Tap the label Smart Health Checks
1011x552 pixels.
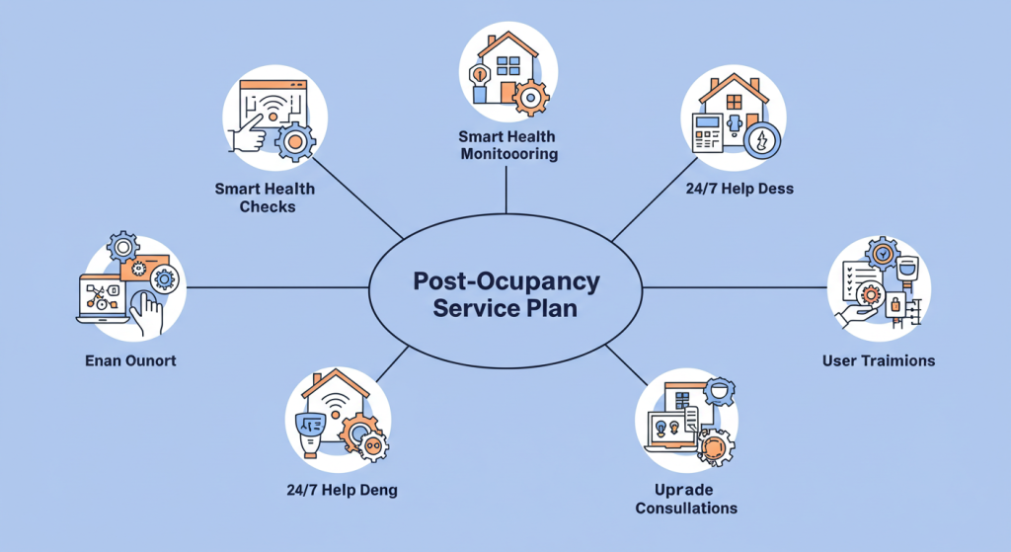265,197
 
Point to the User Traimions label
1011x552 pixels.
878,360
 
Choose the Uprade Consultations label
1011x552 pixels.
685,499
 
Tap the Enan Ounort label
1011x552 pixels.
130,360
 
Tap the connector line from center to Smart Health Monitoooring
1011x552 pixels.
506,188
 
